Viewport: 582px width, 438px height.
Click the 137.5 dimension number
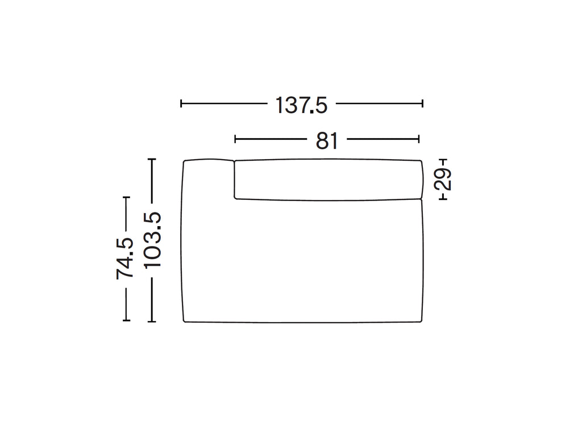(301, 105)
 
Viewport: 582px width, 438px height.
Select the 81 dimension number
(327, 141)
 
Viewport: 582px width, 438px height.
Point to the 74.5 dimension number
(125, 258)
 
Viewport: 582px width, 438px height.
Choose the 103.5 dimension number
(152, 240)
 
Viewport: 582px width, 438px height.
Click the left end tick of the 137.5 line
(181, 103)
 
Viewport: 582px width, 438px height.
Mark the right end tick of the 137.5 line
(423, 103)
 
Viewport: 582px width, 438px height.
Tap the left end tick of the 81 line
(235, 139)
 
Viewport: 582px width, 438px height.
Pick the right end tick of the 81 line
(419, 139)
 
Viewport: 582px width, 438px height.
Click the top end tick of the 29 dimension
(443, 160)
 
